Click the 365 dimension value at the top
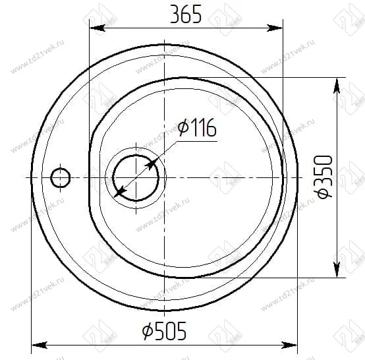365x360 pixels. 186,15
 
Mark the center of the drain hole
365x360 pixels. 135,178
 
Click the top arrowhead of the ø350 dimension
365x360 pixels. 337,85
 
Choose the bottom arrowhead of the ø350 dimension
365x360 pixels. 337,269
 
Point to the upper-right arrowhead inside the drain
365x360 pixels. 152,162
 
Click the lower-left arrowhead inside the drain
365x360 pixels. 119,193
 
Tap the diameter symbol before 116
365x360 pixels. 183,128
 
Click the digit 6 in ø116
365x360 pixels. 211,128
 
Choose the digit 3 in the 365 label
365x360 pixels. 175,15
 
